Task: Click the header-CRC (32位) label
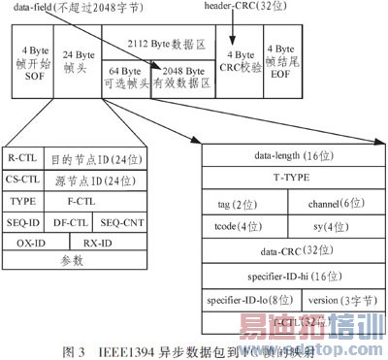point(244,7)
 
